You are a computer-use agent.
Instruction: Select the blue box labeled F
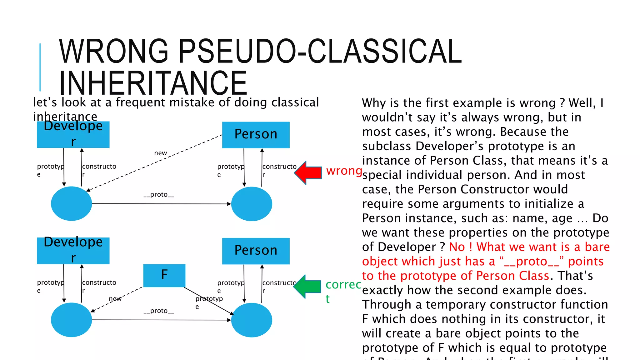164,275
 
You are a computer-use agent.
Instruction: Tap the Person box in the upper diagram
256,135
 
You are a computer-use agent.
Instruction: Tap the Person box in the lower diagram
256,251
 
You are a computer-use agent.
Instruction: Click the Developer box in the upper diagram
73,135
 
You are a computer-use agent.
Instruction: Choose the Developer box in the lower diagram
73,251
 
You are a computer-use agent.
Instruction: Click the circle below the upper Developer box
71,203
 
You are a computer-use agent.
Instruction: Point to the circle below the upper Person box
252,204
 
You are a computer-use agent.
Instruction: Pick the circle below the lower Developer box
71,320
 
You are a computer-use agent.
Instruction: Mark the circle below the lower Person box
252,320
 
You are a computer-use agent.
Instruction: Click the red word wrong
344,171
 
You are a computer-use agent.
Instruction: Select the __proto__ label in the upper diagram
159,195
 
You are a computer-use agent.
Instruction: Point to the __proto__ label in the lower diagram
159,311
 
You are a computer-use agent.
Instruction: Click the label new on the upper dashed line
161,153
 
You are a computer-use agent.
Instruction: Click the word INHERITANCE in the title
153,83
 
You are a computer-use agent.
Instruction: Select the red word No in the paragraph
457,247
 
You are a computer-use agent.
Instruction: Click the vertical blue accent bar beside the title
40,67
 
